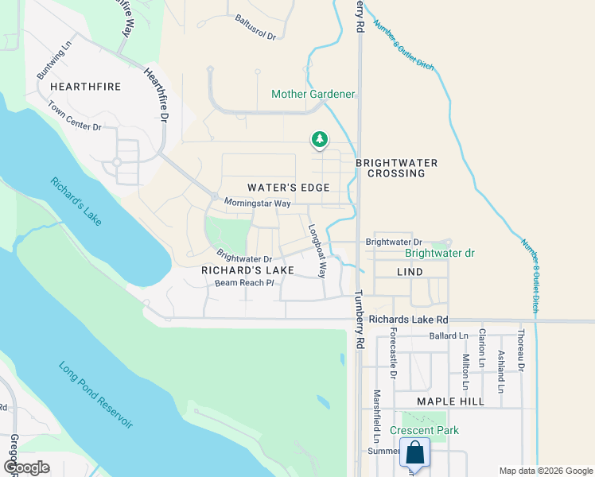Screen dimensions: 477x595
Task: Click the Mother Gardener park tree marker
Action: (x=320, y=140)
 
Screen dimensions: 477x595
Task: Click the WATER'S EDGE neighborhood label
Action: (x=288, y=188)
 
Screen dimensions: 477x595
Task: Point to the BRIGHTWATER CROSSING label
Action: (x=396, y=168)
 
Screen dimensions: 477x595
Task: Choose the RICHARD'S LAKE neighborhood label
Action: (x=247, y=270)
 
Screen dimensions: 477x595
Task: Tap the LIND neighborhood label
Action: (x=410, y=272)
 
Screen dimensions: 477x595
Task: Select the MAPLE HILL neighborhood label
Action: (x=450, y=401)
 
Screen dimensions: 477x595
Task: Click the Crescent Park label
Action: (x=425, y=431)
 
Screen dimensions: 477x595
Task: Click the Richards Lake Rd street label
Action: (x=408, y=320)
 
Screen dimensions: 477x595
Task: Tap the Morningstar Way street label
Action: (x=257, y=204)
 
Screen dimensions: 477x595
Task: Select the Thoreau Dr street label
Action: (x=522, y=351)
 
